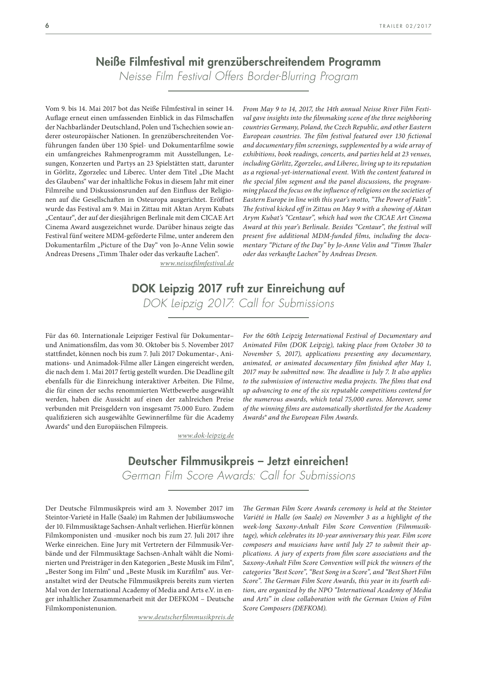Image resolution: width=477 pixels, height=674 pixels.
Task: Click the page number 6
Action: point(47,25)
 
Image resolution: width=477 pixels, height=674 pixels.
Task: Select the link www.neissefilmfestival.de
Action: point(197,263)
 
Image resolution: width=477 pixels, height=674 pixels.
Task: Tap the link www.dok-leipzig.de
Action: point(206,436)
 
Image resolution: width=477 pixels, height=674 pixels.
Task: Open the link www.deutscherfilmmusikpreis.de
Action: point(186,617)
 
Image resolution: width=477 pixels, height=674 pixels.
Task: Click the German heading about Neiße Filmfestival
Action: point(238,62)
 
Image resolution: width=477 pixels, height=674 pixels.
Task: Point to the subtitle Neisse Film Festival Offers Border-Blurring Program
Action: point(238,77)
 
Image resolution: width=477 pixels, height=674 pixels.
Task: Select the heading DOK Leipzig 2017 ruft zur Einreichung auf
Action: point(238,289)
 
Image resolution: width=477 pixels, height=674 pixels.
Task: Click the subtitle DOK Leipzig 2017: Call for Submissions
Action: point(238,303)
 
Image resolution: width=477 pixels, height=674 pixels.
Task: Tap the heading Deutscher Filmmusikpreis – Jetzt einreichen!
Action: point(238,461)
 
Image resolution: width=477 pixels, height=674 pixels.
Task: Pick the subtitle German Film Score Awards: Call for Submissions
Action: point(238,476)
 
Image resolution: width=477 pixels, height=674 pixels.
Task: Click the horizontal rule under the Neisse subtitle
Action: point(238,91)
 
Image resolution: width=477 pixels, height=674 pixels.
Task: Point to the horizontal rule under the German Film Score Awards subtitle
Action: point(238,490)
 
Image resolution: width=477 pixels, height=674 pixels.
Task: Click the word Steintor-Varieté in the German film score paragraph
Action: point(66,517)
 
